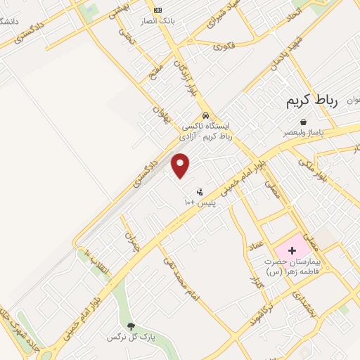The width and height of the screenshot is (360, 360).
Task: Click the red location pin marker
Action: (x=181, y=166)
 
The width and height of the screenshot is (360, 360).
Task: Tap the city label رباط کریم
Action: (x=312, y=101)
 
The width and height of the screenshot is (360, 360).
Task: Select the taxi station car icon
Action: (x=205, y=115)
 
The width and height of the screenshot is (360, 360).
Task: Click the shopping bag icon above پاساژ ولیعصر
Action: (x=303, y=122)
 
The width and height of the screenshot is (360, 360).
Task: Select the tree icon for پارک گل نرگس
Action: (x=130, y=325)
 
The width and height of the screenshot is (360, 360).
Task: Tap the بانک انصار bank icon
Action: (x=157, y=10)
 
